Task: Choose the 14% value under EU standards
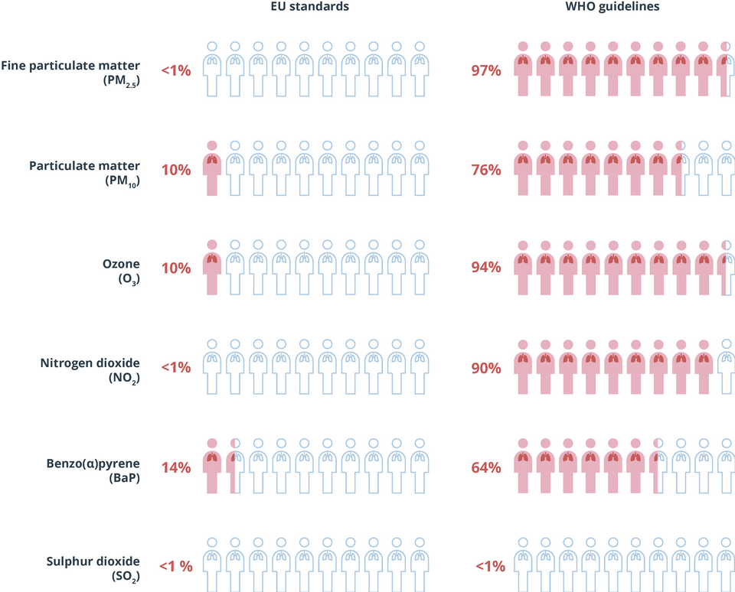175,467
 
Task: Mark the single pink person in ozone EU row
212,268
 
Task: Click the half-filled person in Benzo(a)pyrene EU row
235,467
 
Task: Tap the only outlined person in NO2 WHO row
726,367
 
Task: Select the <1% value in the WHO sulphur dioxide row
490,567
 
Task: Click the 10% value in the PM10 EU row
175,170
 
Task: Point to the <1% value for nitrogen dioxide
175,368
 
